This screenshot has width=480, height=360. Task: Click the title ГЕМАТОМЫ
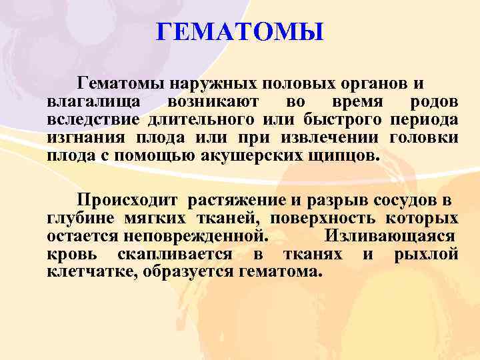pos(240,31)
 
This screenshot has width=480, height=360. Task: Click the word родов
pos(435,102)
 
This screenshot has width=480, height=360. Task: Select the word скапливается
pos(175,254)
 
